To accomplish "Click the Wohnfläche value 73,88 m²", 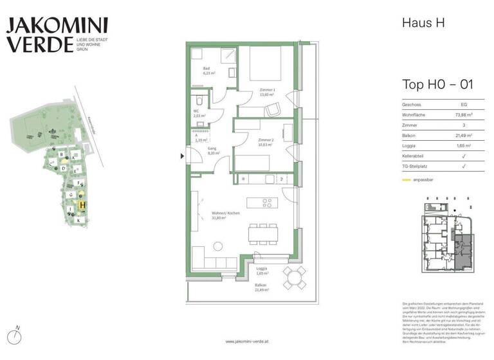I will [x=463, y=114].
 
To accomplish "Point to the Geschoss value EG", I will [x=463, y=104].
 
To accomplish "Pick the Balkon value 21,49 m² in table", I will [x=463, y=135].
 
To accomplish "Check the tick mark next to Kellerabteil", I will [x=464, y=156].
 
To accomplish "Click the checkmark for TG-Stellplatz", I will [x=464, y=166].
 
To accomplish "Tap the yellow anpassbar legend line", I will [x=407, y=180].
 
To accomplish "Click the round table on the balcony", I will [x=296, y=278].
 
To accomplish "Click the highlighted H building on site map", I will [x=82, y=206].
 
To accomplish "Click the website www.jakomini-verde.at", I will [x=246, y=341].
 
